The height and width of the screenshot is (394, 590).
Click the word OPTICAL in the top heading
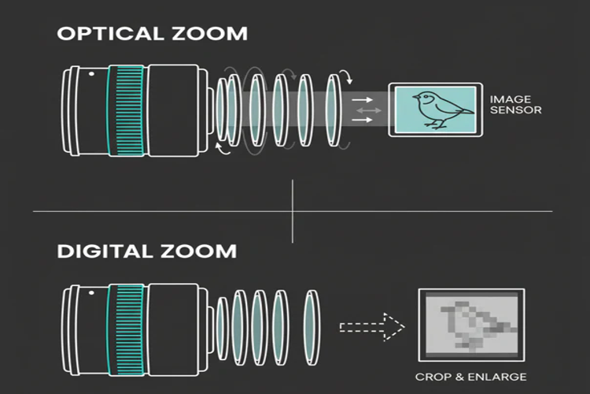coord(110,34)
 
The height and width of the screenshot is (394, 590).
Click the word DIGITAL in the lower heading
coord(105,251)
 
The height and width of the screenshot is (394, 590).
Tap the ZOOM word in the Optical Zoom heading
coord(210,34)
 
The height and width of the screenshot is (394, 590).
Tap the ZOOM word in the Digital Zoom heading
coord(199,251)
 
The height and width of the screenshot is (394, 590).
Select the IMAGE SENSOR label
coord(515,105)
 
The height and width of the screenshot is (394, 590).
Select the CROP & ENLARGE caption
coord(470,377)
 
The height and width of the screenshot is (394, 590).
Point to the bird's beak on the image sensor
coord(415,97)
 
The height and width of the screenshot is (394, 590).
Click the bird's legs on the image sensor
coord(436,124)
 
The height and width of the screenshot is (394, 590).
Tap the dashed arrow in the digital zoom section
coord(372,327)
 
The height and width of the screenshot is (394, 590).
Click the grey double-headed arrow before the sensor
coord(369,110)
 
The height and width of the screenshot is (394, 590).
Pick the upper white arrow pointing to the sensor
coord(362,99)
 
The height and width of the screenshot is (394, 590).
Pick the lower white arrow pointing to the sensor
coord(362,120)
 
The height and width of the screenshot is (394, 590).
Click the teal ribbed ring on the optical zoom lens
coord(126,110)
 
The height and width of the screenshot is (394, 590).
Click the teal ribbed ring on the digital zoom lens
coord(126,330)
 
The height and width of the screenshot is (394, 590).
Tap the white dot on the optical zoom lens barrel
coord(91,73)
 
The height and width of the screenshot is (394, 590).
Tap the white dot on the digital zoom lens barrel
coord(91,292)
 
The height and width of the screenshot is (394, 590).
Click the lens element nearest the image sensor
coord(334,110)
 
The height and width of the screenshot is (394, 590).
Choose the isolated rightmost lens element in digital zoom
coord(312,327)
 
